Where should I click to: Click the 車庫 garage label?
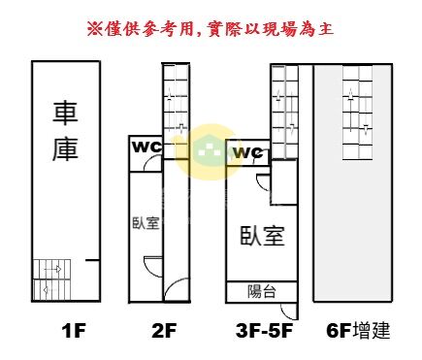pyautogui.click(x=65, y=132)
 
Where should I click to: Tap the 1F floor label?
pyautogui.click(x=74, y=331)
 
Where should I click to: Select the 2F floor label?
pyautogui.click(x=164, y=331)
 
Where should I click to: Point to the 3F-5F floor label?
pyautogui.click(x=265, y=331)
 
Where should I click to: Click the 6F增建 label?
pyautogui.click(x=358, y=331)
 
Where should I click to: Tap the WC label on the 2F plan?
pyautogui.click(x=146, y=147)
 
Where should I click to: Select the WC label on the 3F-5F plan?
pyautogui.click(x=248, y=152)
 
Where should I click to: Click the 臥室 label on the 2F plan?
pyautogui.click(x=146, y=223)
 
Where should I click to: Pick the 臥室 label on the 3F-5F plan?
pyautogui.click(x=262, y=236)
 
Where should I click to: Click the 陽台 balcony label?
pyautogui.click(x=262, y=291)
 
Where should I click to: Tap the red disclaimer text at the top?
pyautogui.click(x=211, y=29)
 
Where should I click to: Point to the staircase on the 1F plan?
pyautogui.click(x=52, y=279)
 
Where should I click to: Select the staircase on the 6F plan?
pyautogui.click(x=358, y=113)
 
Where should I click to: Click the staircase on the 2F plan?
pyautogui.click(x=176, y=111)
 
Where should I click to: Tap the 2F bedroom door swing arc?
pyautogui.click(x=151, y=268)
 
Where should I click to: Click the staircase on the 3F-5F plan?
pyautogui.click(x=284, y=112)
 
